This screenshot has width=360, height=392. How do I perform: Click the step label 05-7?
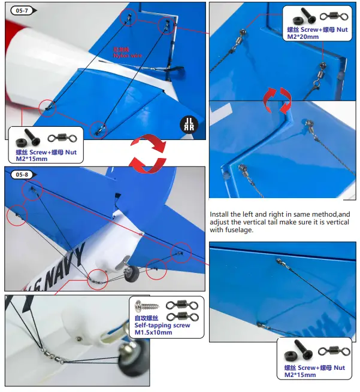pos(21,10)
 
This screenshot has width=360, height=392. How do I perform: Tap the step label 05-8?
pos(21,174)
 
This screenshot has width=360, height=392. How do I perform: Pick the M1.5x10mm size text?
pos(153,332)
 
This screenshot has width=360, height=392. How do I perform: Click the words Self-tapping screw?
pos(162,325)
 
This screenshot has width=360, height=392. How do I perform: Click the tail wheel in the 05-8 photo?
pos(132,274)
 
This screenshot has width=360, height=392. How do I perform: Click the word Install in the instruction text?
pos(221,214)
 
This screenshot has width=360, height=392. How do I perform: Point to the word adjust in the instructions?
pos(220,222)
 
